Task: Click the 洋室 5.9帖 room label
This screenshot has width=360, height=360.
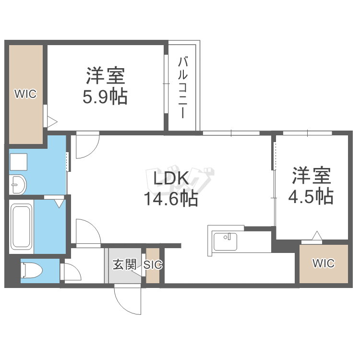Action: pos(105,85)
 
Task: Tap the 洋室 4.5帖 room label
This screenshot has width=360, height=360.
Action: pos(311,185)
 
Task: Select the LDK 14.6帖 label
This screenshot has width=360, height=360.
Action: pos(171,189)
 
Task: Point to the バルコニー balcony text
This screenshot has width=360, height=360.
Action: pos(183,88)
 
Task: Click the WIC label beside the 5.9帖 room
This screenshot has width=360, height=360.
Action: pos(25,94)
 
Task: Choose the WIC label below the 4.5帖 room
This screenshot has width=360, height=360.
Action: pos(324,264)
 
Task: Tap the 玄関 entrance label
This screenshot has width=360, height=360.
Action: pos(125,264)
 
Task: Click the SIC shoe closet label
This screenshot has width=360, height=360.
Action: pos(153,264)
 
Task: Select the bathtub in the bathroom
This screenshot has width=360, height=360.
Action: pos(22,227)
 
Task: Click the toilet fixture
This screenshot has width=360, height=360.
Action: pos(32,270)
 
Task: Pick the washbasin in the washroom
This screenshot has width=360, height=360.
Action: pos(18,184)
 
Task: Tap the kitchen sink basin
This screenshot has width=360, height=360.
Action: pos(225,242)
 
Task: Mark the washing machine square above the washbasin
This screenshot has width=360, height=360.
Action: pos(19,162)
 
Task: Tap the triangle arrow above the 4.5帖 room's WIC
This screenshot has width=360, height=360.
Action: pos(317,235)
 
